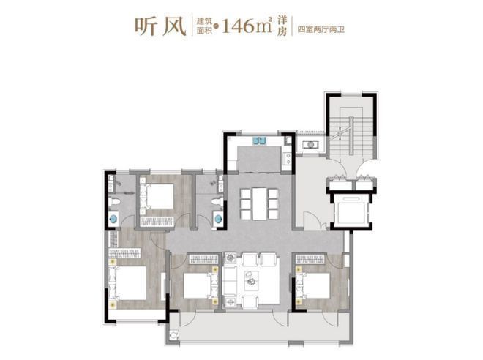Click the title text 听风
160,26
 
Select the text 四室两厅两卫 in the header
321,29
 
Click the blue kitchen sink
259,140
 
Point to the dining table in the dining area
259,204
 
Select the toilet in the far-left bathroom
114,202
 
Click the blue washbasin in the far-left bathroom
114,220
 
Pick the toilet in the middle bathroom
218,202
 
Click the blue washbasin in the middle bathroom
218,219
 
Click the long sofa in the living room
228,280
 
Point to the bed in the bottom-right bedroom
313,285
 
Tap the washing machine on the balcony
174,334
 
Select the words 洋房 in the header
282,26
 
